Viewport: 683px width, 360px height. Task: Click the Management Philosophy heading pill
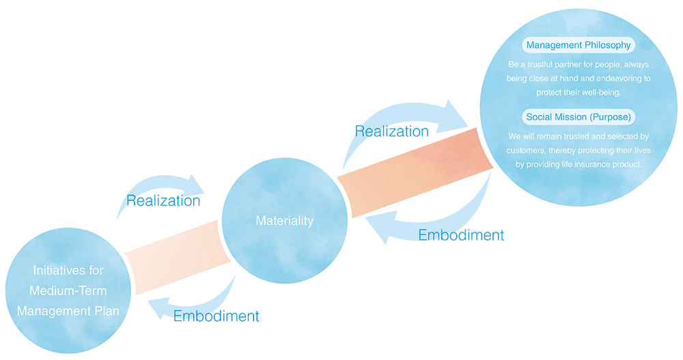point(578,46)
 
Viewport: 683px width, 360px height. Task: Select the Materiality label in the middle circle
point(284,221)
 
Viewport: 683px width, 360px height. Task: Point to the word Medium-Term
point(68,290)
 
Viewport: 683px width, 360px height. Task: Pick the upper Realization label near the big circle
point(392,130)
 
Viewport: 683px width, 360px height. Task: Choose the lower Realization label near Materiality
point(163,201)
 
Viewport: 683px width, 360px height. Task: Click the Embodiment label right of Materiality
point(461,235)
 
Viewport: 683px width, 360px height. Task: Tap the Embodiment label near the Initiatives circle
point(216,316)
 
